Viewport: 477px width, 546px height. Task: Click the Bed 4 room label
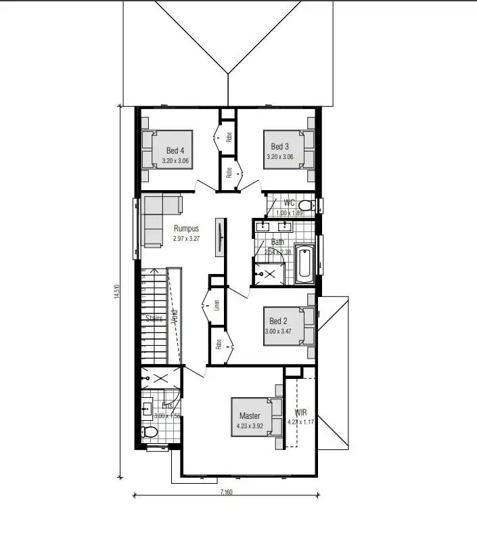coord(175,150)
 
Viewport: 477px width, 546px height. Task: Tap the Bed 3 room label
coord(280,146)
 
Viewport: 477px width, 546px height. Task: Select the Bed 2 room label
coord(278,321)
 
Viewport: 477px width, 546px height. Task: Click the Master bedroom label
coord(250,416)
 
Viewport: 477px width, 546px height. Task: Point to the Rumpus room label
coord(187,229)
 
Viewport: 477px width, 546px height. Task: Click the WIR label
coord(300,411)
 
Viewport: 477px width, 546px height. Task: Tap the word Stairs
coord(154,318)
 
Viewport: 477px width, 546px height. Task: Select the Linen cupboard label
coord(217,306)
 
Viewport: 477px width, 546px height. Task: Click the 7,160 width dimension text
coord(226,493)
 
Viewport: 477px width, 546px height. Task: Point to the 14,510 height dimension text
coord(117,292)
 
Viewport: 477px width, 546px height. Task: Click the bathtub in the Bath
coord(304,266)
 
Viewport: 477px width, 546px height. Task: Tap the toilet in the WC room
coord(306,205)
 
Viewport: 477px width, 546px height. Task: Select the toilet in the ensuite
coord(150,432)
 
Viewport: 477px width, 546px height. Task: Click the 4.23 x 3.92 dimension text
coord(250,426)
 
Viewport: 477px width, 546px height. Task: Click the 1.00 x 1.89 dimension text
coord(289,212)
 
